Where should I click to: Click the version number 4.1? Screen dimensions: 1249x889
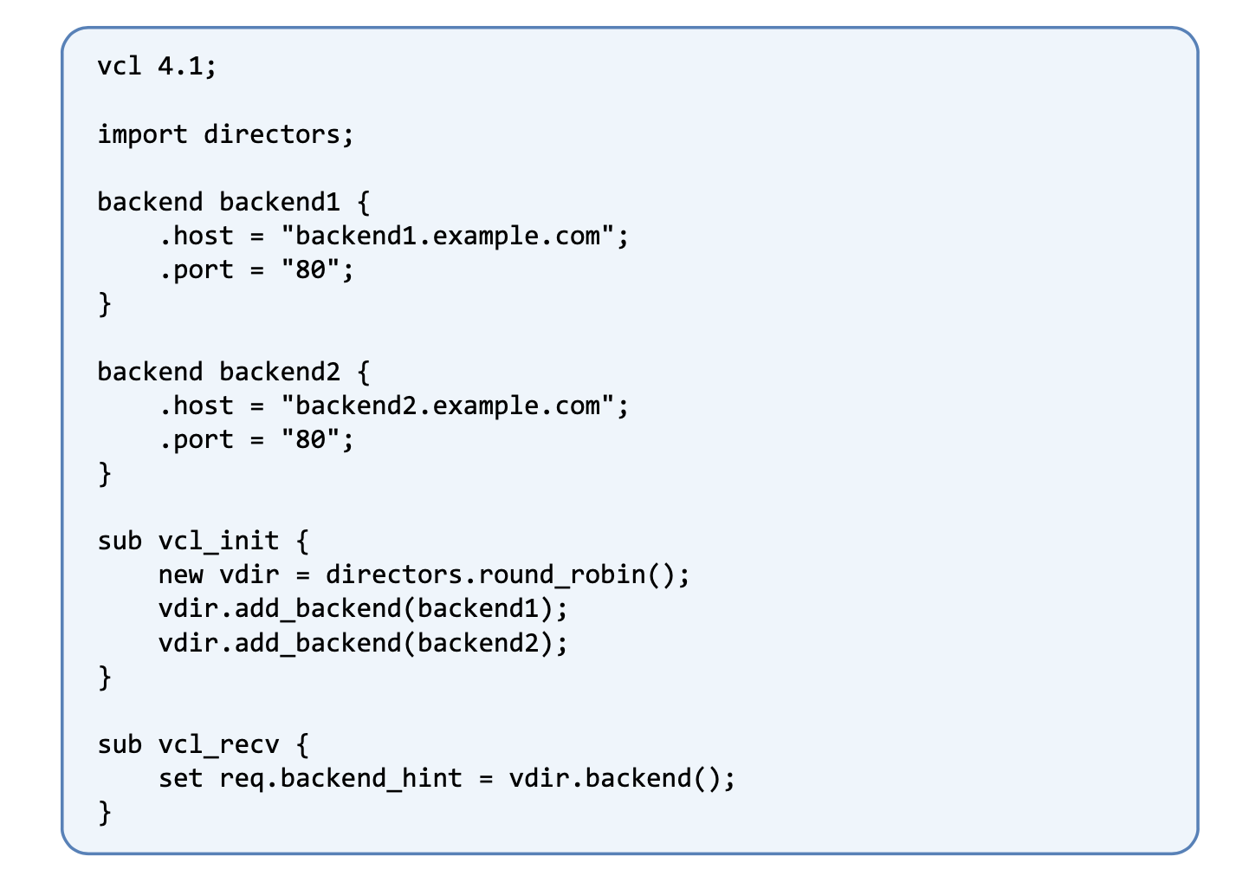(180, 67)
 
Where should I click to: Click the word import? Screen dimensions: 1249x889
(142, 135)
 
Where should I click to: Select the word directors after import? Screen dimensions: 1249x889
(272, 134)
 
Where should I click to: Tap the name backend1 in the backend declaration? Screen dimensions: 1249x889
(280, 202)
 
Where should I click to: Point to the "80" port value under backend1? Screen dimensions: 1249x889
(310, 269)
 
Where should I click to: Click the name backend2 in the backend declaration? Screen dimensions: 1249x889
(280, 372)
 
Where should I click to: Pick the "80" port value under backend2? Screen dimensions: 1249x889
(310, 439)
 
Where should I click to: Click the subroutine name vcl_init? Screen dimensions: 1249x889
(218, 542)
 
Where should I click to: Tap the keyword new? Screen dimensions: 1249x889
(181, 575)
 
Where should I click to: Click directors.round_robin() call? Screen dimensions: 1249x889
(501, 575)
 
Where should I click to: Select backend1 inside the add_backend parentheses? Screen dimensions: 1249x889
(478, 608)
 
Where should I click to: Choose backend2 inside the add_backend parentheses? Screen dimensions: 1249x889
(478, 643)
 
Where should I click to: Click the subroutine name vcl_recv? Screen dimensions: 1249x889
(218, 745)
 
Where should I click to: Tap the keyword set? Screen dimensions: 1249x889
(180, 779)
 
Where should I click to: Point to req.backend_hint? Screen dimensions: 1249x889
(340, 779)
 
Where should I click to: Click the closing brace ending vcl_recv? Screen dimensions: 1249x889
(105, 813)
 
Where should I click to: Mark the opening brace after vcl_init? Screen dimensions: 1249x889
(302, 542)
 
